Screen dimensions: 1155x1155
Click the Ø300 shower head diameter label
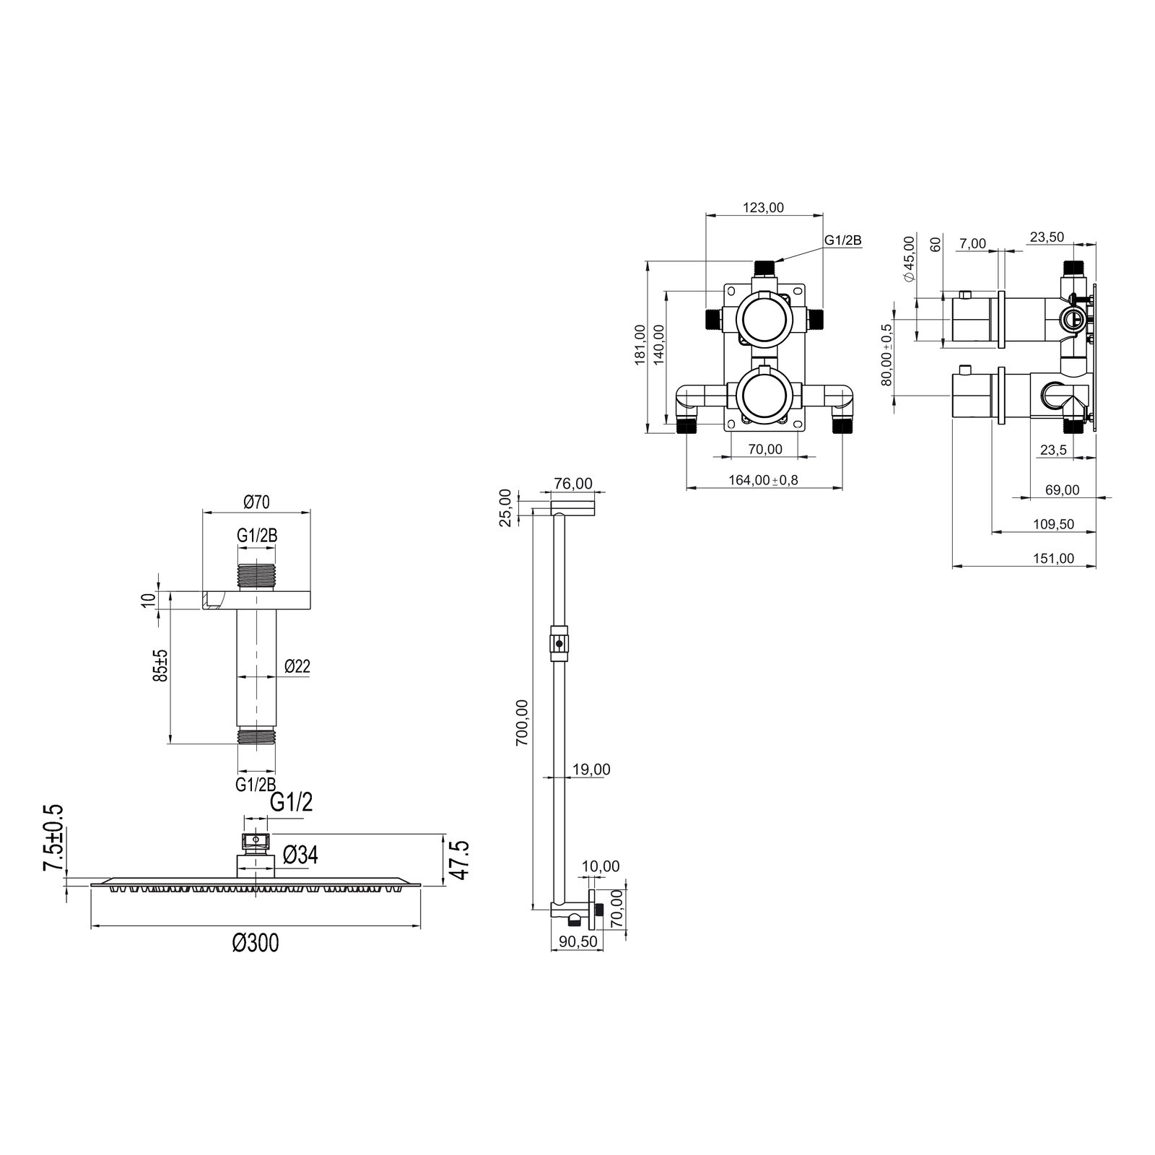(256, 943)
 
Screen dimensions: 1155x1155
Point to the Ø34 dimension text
(300, 855)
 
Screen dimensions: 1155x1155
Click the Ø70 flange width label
(256, 501)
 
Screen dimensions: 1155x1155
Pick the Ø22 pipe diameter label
(297, 666)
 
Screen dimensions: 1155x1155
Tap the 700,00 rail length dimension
(521, 723)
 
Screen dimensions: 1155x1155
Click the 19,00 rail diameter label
(591, 770)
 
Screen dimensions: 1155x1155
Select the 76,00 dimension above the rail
(573, 484)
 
